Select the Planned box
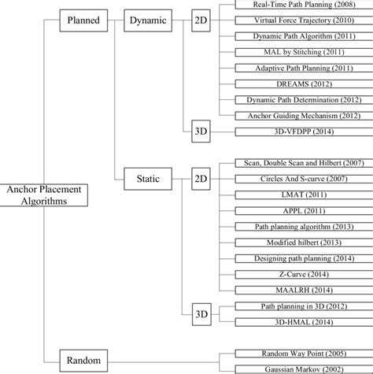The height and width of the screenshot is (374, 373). (83, 22)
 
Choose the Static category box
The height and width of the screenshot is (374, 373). (143, 179)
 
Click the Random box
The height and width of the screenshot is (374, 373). (83, 361)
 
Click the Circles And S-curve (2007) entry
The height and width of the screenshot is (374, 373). (291, 178)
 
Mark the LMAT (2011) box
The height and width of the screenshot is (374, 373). (291, 194)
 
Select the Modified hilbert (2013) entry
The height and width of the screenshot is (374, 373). (291, 242)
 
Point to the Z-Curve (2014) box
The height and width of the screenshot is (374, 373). (291, 274)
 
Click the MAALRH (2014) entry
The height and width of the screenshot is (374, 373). (291, 290)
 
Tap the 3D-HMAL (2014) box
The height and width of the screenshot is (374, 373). (291, 321)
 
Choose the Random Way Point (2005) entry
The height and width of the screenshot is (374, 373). (291, 354)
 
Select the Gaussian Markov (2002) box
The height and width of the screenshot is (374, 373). (291, 368)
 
